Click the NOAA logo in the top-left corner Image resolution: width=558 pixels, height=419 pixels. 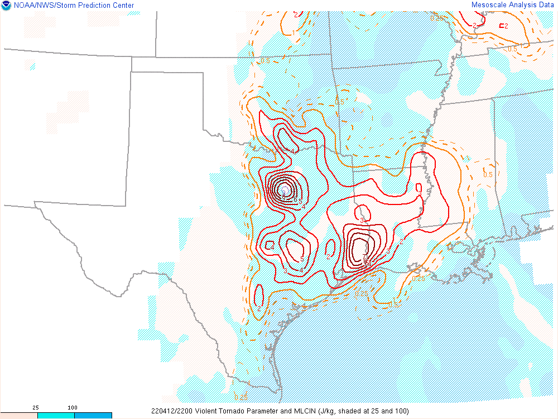[6, 6]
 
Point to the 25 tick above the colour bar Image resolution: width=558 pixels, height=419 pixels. [36, 408]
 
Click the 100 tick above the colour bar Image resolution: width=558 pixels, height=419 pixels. [73, 408]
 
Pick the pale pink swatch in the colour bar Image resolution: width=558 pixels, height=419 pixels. [18, 416]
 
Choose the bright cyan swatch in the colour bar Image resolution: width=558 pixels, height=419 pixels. [56, 416]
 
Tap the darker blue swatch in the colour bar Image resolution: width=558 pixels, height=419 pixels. [93, 416]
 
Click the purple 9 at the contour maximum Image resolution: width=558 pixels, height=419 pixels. [283, 193]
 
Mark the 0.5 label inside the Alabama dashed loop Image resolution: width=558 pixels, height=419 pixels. [488, 175]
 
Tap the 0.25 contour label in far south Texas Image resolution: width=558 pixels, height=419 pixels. [241, 397]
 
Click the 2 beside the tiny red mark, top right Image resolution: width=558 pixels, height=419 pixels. [506, 26]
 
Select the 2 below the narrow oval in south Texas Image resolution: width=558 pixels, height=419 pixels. [259, 308]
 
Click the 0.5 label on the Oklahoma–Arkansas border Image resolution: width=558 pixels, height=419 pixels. [339, 102]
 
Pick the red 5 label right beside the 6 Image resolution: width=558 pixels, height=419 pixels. [300, 202]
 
